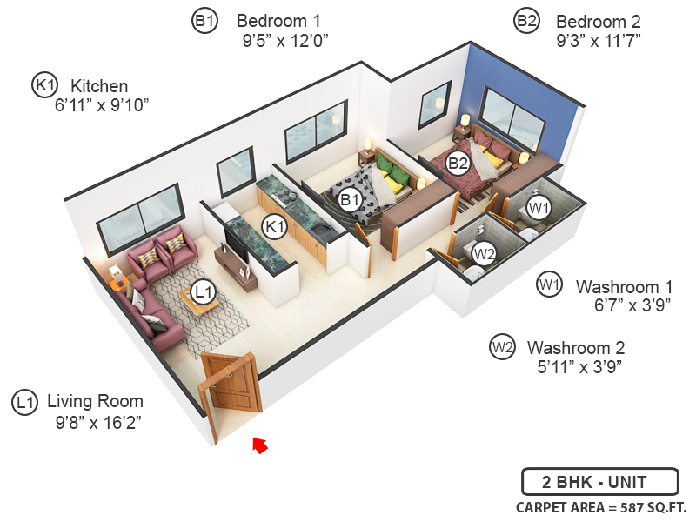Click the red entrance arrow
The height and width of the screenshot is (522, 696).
(259, 445)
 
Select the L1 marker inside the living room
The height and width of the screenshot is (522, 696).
(203, 292)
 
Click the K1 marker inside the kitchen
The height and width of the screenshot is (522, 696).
(276, 227)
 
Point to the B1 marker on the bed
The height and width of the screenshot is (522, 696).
(351, 200)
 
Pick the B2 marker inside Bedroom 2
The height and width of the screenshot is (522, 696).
(458, 162)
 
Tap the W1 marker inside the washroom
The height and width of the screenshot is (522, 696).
(539, 207)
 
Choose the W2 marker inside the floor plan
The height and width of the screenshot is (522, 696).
(485, 254)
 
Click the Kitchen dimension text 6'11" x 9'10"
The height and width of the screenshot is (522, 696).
(103, 105)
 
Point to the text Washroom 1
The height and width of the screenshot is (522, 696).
(625, 285)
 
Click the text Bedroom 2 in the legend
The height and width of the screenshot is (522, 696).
(599, 21)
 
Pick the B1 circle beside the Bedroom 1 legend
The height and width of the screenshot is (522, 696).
(204, 22)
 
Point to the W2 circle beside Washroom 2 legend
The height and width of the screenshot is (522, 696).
(502, 347)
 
